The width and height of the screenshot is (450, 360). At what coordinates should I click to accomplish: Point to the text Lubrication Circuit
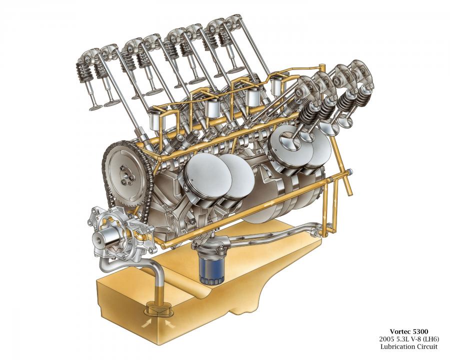pos(409,346)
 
